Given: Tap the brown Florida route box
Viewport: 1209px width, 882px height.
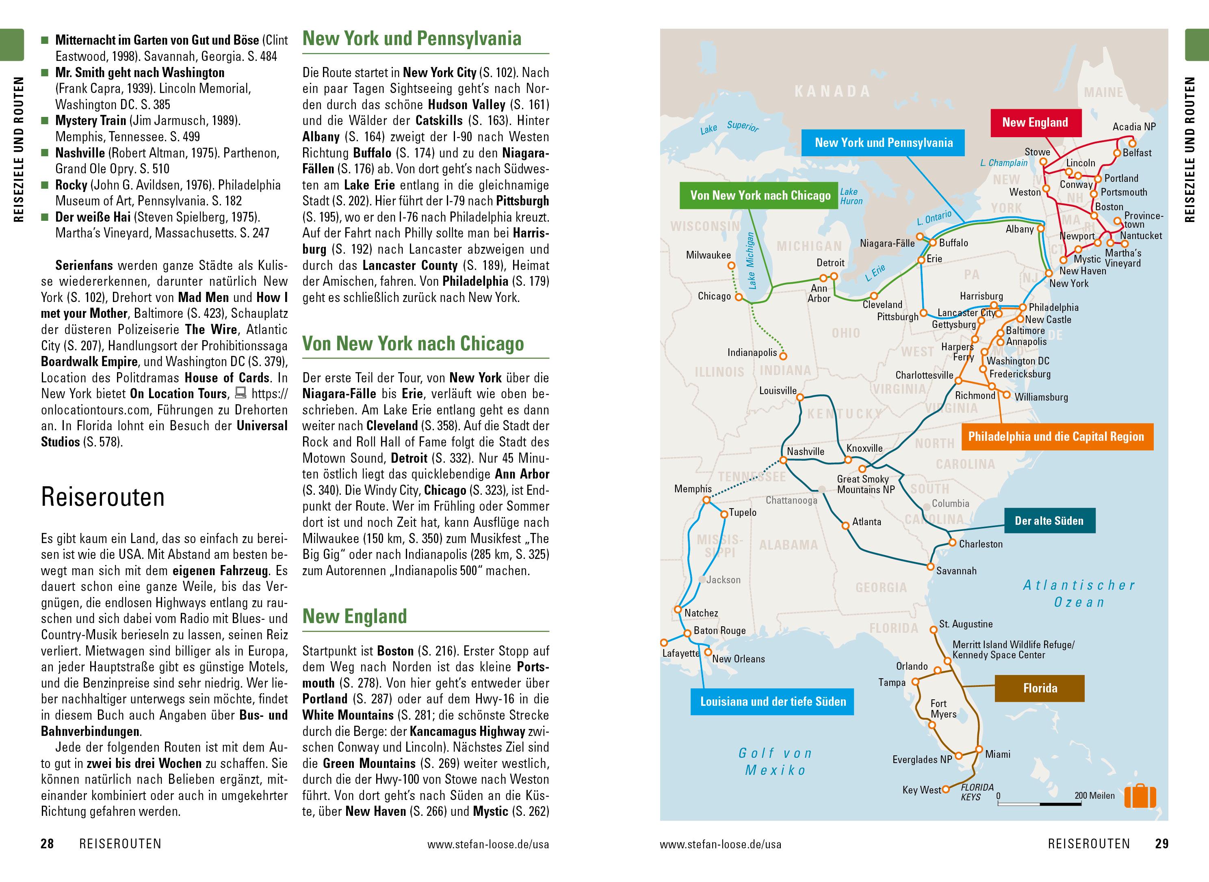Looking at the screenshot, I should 1039,688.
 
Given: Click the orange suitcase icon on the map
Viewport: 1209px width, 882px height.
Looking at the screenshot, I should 1140,797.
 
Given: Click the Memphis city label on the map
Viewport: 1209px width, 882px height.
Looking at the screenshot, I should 693,489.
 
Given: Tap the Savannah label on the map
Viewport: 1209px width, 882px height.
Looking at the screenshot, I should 956,571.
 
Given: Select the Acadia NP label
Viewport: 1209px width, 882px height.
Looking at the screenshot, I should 1134,127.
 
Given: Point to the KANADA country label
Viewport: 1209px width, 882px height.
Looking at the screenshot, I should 832,92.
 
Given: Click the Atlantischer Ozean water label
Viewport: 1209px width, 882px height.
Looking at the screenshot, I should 1079,594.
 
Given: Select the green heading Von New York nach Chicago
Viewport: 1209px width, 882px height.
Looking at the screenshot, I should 413,344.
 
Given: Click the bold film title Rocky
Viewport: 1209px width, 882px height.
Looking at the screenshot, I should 71,185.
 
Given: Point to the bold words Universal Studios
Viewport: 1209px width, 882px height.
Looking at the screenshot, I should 164,434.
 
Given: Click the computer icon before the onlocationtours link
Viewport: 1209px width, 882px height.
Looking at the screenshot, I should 241,393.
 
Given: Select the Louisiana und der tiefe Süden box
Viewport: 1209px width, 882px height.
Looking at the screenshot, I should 773,701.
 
